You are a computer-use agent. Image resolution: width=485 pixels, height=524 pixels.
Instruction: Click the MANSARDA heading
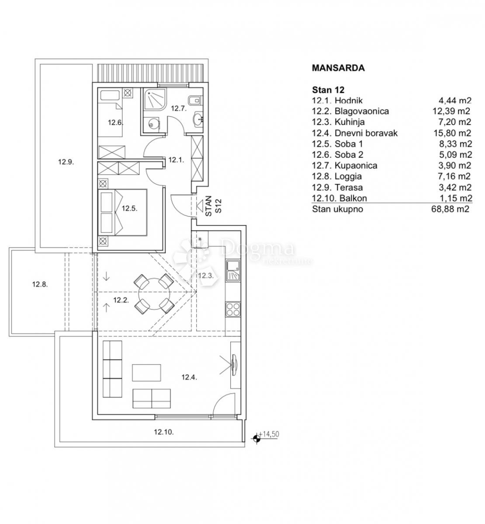338,68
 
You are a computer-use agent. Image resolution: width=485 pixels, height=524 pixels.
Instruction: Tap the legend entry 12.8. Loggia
337,176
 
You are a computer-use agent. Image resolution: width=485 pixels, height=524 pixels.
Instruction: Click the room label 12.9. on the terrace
66,162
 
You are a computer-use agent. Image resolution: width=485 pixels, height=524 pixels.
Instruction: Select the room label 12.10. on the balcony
164,432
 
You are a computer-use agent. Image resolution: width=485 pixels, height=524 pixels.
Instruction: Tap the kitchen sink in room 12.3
232,270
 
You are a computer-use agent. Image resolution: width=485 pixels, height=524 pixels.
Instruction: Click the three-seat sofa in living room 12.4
112,369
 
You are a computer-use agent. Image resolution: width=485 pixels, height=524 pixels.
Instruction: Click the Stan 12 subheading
328,90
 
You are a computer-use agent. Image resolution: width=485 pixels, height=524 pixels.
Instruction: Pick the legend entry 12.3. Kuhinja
338,122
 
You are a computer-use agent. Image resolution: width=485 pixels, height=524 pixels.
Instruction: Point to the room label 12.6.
115,123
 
